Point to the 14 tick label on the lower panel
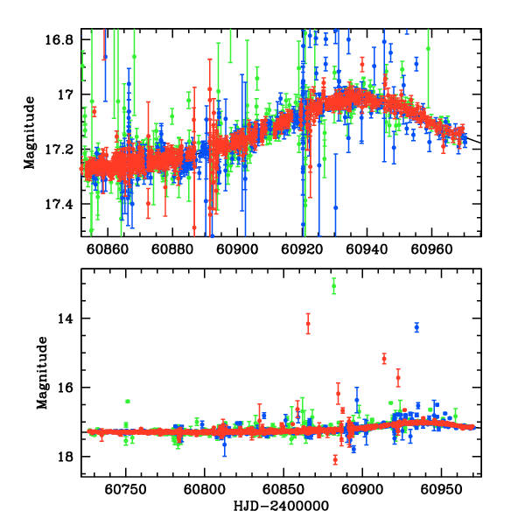tap(66, 318)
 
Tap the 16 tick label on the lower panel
tap(66, 388)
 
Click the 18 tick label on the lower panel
tap(66, 457)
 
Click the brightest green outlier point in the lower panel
tap(333, 286)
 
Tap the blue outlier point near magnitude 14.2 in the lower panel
tap(416, 327)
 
